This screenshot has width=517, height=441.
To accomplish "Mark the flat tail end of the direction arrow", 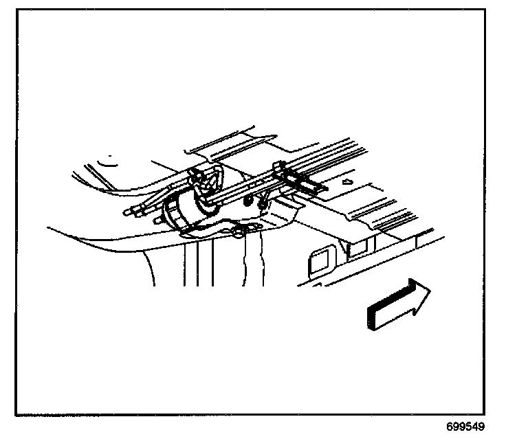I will point(371,318).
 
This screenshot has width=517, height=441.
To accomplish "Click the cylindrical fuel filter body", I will point(182,209).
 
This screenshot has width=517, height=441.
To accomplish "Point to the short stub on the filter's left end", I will point(159,218).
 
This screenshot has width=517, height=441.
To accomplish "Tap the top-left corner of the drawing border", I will point(16,9).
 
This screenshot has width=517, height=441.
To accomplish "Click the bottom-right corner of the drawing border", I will point(498,414).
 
